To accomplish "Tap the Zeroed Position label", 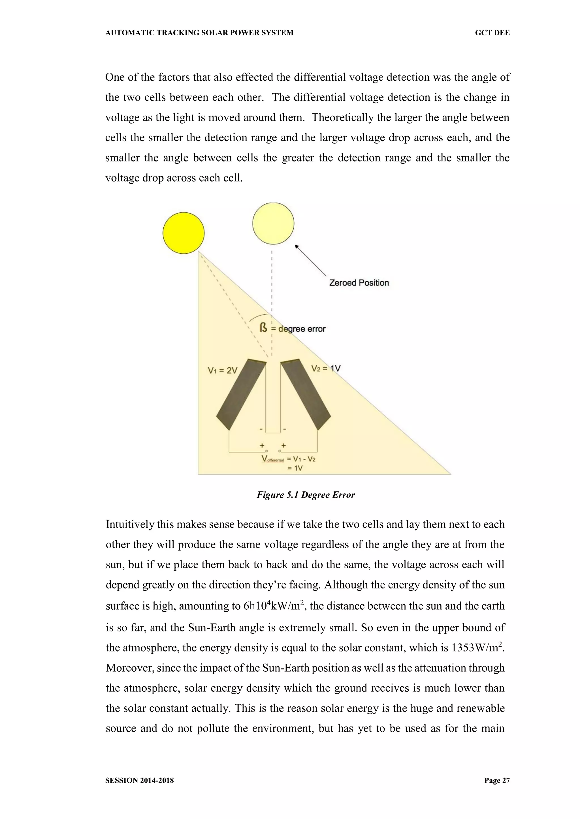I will tap(359, 283).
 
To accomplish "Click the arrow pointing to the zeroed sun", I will tap(310, 260).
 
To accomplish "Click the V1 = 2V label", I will tap(223, 371).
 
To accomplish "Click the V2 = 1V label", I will tap(326, 368).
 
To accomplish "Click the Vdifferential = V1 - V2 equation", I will tap(289, 459).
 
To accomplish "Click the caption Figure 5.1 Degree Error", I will tap(306, 495).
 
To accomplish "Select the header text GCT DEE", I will tap(492, 33).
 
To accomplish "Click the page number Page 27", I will tap(497, 781).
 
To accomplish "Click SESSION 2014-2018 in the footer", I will tap(139, 781).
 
